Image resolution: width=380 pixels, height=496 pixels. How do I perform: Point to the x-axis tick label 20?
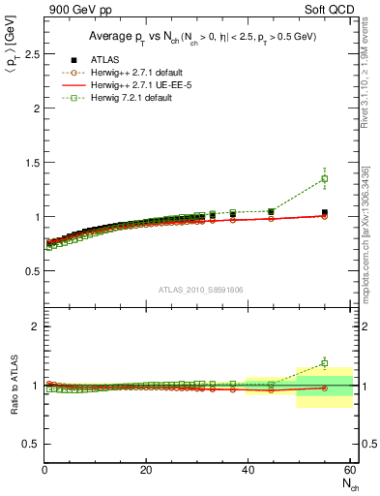(146, 470)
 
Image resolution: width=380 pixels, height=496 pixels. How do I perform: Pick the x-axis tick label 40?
(248, 470)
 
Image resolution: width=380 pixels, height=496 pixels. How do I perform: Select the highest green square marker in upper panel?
(324, 178)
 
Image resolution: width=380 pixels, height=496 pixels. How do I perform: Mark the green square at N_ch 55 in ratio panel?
(324, 363)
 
